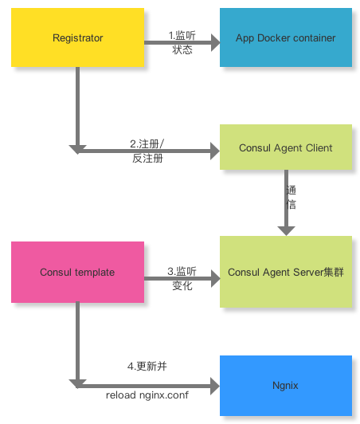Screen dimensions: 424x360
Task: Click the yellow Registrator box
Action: click(77, 37)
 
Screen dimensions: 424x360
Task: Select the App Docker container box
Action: click(285, 37)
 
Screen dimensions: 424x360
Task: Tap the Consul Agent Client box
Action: click(285, 147)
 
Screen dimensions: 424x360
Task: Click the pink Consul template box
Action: click(77, 272)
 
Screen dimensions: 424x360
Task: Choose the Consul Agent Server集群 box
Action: click(285, 272)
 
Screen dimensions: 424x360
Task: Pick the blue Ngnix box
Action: click(285, 386)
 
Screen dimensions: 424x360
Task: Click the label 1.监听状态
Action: click(182, 42)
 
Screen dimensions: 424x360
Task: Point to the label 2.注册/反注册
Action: click(147, 151)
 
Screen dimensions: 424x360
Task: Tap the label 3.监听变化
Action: click(182, 278)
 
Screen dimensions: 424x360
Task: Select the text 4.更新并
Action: click(147, 367)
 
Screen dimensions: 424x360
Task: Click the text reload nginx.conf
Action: click(147, 394)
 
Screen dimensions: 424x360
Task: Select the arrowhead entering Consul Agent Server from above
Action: click(286, 230)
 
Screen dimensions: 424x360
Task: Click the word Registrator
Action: click(77, 37)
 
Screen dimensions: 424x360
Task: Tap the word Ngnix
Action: click(285, 386)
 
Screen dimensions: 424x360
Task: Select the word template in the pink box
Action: click(95, 272)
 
